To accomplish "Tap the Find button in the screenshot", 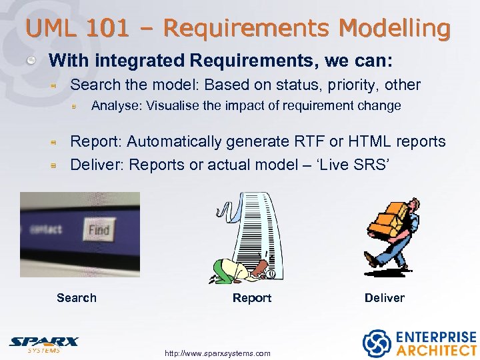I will click(x=99, y=231).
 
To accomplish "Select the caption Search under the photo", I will click(x=77, y=298).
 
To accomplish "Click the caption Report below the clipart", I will click(x=251, y=298).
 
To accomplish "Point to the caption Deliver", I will click(x=384, y=298).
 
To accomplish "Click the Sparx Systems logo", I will click(x=44, y=343).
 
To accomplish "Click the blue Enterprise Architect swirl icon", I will click(x=376, y=343).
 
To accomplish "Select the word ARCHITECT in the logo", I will click(x=437, y=350).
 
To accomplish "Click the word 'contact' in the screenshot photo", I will click(x=46, y=229).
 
